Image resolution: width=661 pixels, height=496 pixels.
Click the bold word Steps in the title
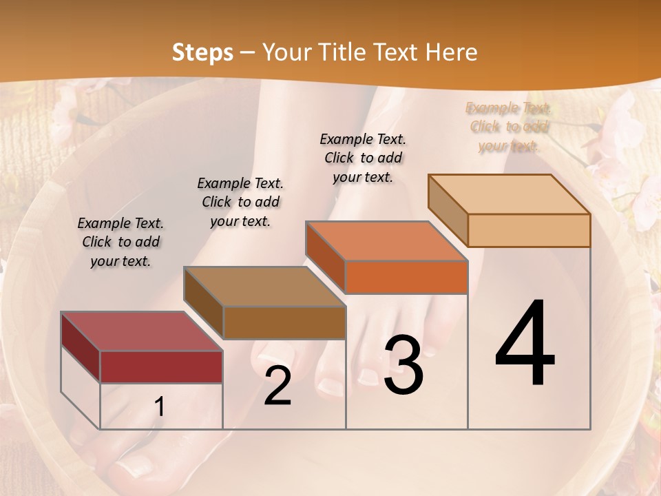pyautogui.click(x=202, y=52)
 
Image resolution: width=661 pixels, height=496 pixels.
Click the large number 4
pyautogui.click(x=525, y=344)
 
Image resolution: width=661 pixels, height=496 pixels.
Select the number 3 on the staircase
pyautogui.click(x=403, y=365)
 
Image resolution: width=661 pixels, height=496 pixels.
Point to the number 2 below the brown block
pyautogui.click(x=277, y=386)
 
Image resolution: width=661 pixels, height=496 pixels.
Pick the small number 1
pyautogui.click(x=160, y=407)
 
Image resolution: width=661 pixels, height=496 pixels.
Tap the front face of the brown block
pyautogui.click(x=284, y=322)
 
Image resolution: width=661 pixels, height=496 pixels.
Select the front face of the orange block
pyautogui.click(x=406, y=278)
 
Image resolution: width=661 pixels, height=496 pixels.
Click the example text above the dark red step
pyautogui.click(x=120, y=242)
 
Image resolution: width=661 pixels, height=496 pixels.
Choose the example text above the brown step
pyautogui.click(x=240, y=202)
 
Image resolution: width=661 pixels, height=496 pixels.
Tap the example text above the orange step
pyautogui.click(x=363, y=158)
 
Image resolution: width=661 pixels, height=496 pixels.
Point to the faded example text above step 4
pyautogui.click(x=508, y=126)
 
